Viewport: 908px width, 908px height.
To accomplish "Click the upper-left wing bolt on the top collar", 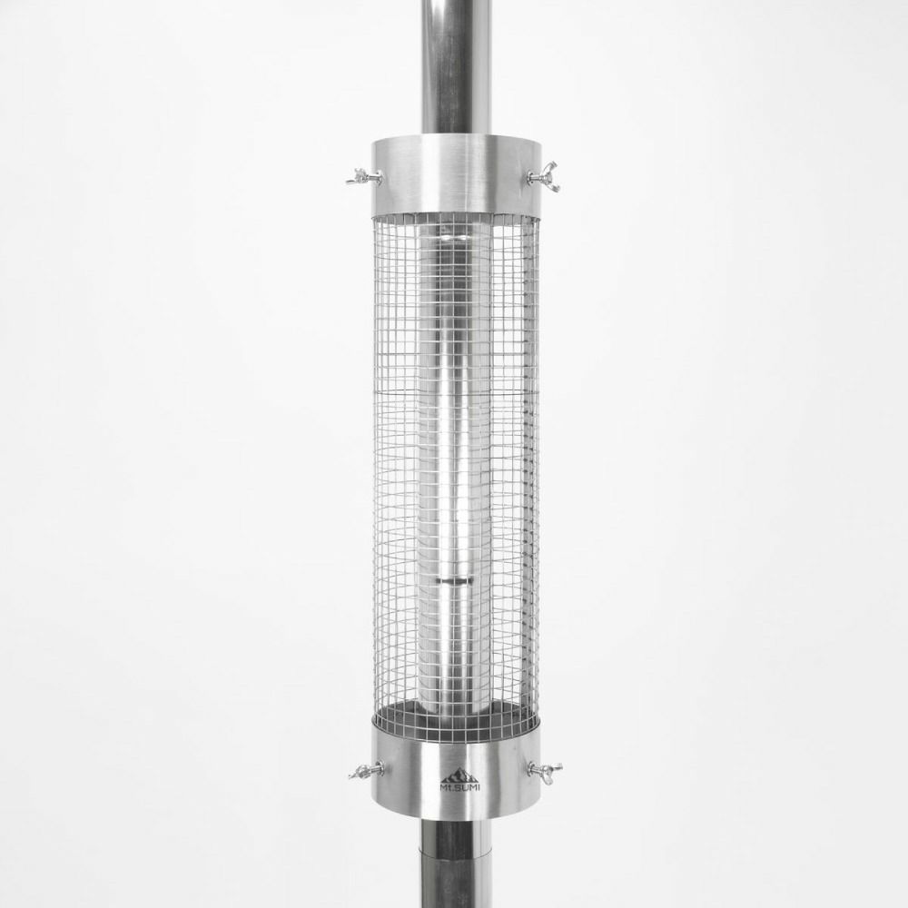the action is click(364, 177).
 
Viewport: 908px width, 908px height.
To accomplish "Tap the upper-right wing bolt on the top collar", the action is click(543, 180).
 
